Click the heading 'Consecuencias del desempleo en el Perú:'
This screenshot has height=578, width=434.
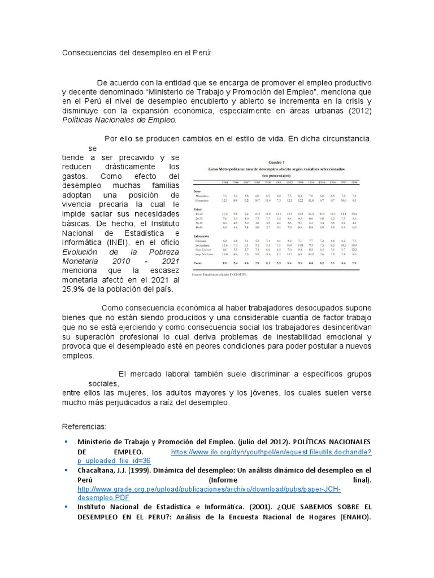(x=136, y=52)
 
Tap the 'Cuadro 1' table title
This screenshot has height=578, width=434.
(x=275, y=163)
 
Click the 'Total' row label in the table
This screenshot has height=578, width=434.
(x=198, y=263)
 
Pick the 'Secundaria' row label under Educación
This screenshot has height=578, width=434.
(x=202, y=245)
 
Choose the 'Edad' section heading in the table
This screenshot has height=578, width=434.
(x=197, y=209)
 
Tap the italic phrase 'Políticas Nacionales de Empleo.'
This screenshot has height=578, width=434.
(x=119, y=120)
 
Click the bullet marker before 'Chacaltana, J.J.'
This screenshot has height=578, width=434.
(x=66, y=470)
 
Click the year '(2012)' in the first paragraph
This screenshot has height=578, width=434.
(x=359, y=110)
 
